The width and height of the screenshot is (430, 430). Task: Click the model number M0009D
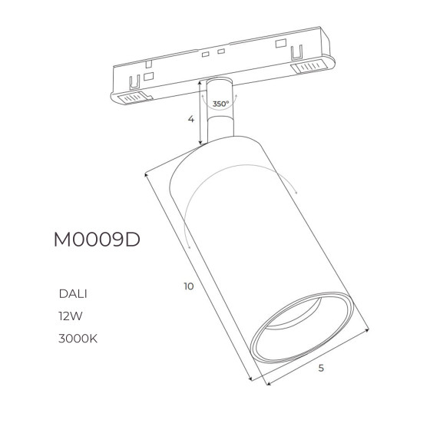97,240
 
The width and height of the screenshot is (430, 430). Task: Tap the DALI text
73,294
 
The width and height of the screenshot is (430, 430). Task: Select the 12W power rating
70,316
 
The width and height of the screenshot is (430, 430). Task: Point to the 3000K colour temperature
78,339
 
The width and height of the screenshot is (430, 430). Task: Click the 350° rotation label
221,104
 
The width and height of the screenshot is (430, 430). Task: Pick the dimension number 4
191,119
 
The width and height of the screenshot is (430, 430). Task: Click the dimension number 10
189,286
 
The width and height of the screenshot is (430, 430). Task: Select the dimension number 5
321,368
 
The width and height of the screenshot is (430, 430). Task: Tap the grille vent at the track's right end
309,66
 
